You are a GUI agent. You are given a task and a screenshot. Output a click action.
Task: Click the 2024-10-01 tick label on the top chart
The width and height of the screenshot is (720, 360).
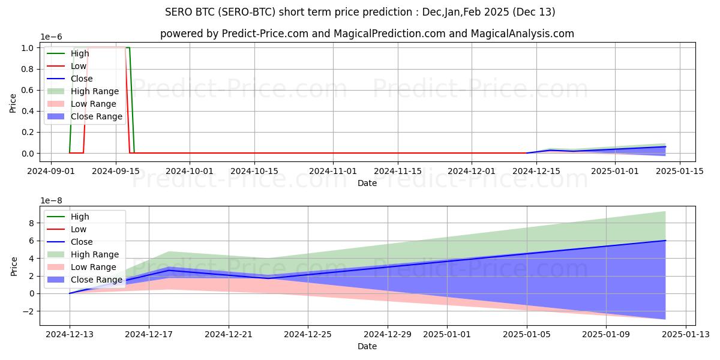[x=190, y=170]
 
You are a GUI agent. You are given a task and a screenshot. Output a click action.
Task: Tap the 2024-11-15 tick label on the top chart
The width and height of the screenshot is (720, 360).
[x=397, y=170]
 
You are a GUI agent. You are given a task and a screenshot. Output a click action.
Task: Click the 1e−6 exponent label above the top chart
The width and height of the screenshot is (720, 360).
[x=52, y=37]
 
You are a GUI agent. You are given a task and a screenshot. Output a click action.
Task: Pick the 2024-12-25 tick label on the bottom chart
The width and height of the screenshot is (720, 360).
[x=308, y=334]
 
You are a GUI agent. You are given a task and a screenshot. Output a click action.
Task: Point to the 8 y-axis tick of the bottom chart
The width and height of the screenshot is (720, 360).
[x=32, y=223]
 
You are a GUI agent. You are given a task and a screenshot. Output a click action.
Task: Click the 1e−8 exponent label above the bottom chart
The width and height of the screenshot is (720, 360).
[x=52, y=200]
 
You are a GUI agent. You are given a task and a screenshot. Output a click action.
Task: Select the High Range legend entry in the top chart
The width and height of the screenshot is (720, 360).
[x=94, y=91]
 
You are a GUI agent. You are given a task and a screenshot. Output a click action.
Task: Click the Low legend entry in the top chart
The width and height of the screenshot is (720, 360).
[x=79, y=66]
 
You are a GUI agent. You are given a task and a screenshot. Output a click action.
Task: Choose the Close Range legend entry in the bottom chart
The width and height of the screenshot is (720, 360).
[x=97, y=280]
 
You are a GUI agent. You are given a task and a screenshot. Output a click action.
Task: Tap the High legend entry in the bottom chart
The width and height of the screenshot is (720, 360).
[x=80, y=217]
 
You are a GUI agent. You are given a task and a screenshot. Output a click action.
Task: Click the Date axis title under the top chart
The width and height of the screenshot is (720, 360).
[x=367, y=183]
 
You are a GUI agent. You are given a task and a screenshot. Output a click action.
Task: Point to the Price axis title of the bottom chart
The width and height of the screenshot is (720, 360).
[x=13, y=266]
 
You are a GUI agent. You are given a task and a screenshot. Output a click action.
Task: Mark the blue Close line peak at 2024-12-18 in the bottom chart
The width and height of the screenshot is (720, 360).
[x=169, y=271]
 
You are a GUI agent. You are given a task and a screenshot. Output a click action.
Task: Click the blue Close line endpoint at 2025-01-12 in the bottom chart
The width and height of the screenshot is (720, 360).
[x=665, y=241]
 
